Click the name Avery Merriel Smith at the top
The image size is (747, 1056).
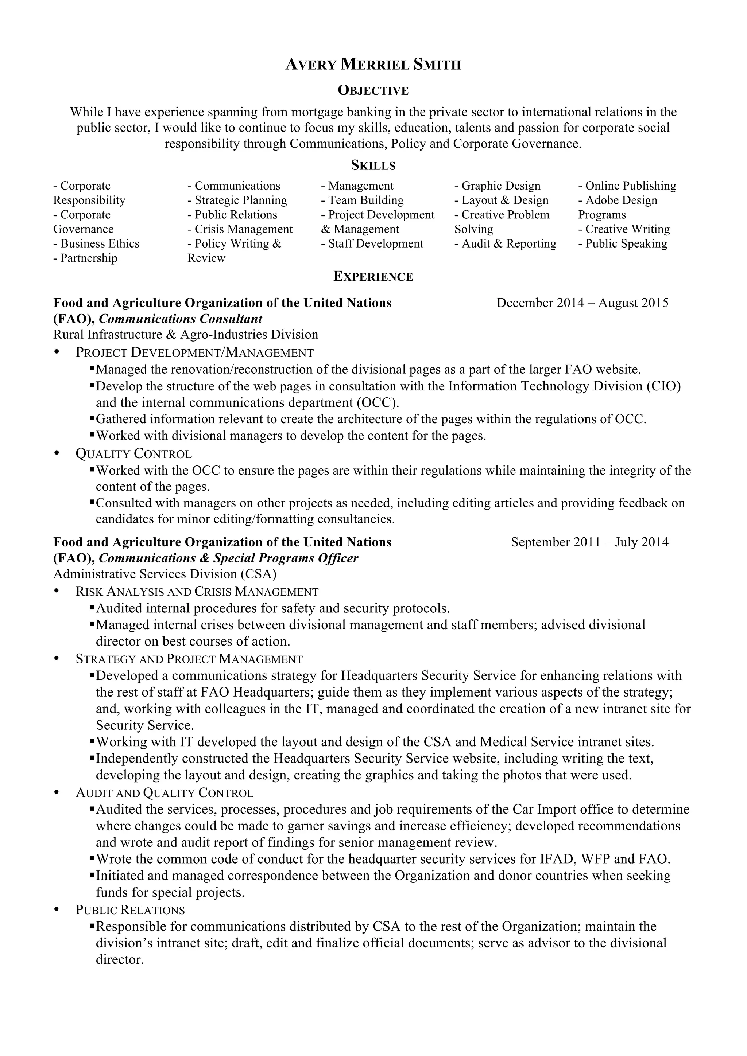tap(373, 65)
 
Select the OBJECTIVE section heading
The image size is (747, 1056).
tap(373, 91)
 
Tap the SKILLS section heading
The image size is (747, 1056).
tap(373, 165)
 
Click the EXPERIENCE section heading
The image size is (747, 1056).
tap(373, 277)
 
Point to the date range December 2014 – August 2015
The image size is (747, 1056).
tap(582, 303)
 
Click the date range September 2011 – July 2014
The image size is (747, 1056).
tap(589, 542)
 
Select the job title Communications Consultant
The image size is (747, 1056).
tap(181, 319)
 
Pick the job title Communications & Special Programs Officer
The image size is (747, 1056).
tap(228, 558)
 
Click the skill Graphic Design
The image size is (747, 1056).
tap(498, 186)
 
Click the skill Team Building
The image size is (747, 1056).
tap(362, 200)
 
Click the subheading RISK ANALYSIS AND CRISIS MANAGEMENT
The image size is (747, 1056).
tap(197, 592)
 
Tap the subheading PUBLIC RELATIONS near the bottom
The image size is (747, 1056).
tap(130, 910)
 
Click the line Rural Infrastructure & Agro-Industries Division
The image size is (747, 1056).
tap(186, 334)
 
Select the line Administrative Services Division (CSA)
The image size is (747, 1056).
tap(165, 574)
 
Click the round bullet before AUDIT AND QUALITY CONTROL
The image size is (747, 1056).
tap(57, 792)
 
